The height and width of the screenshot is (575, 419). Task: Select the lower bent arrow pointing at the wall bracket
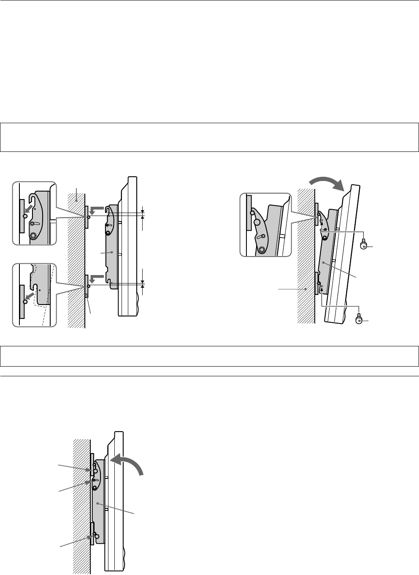tap(97, 278)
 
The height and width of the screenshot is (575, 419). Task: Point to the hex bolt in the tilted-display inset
tap(262, 249)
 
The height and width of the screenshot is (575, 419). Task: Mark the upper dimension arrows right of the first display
tap(143, 213)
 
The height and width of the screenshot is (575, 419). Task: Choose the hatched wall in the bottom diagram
tap(81, 506)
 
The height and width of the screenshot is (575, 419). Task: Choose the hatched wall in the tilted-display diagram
tap(306, 253)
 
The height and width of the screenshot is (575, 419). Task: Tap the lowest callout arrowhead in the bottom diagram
tap(90, 537)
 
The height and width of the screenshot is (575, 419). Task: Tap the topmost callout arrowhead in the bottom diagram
tap(89, 470)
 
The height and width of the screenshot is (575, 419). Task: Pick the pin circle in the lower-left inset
tap(26, 302)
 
